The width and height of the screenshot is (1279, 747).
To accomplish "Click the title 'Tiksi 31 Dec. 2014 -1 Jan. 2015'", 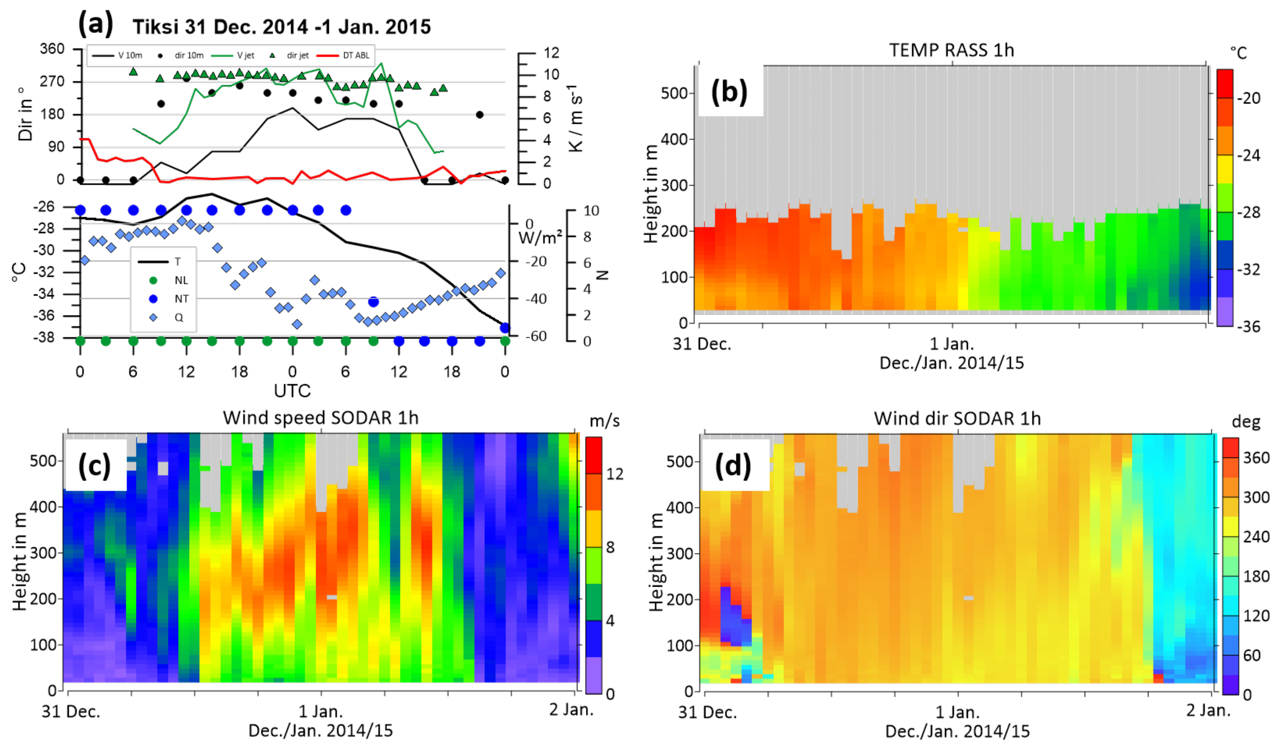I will pyautogui.click(x=282, y=26).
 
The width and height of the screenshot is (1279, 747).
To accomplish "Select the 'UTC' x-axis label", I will pyautogui.click(x=292, y=391).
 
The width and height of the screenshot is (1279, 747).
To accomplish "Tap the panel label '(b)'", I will pyautogui.click(x=729, y=92).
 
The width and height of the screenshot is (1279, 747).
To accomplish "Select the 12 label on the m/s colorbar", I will pyautogui.click(x=615, y=474).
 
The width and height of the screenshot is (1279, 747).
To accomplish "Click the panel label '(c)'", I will pyautogui.click(x=94, y=466).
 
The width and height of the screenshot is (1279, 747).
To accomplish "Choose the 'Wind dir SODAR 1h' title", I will pyautogui.click(x=957, y=419).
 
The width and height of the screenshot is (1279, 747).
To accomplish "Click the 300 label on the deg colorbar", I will pyautogui.click(x=1256, y=497).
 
